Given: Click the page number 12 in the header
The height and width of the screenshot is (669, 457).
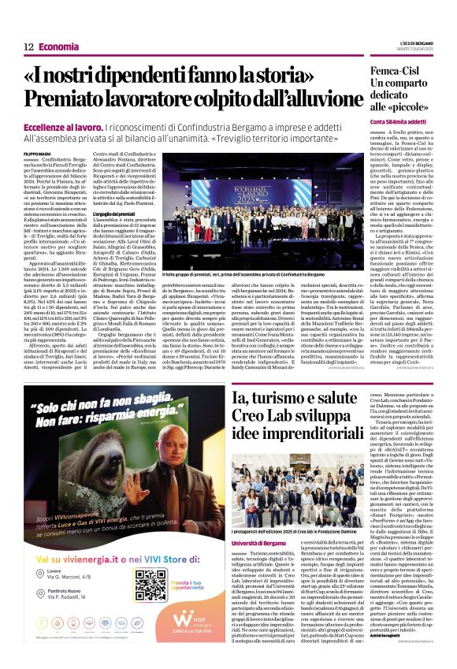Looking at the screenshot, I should coord(28,47).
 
